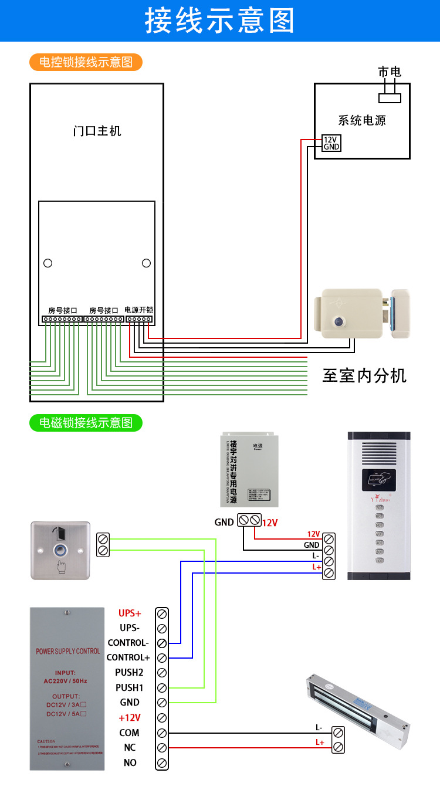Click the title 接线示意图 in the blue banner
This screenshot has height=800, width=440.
pyautogui.click(x=220, y=21)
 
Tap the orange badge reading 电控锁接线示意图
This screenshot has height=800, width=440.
pyautogui.click(x=86, y=62)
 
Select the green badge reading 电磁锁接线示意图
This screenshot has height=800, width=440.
pyautogui.click(x=86, y=422)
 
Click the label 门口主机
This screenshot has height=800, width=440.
pyautogui.click(x=97, y=131)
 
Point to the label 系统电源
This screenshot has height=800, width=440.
pyautogui.click(x=362, y=121)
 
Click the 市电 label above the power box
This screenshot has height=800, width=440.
pyautogui.click(x=390, y=72)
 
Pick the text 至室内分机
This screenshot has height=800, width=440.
pyautogui.click(x=364, y=375)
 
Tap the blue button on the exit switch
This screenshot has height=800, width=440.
pyautogui.click(x=60, y=550)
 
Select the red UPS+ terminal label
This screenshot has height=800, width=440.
pyautogui.click(x=130, y=613)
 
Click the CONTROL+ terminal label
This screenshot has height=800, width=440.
pyautogui.click(x=128, y=657)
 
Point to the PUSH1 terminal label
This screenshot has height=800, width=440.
pyautogui.click(x=129, y=687)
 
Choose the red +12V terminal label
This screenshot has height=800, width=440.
pyautogui.click(x=130, y=717)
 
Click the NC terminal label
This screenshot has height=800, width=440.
pyautogui.click(x=130, y=748)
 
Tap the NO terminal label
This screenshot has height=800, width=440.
pyautogui.click(x=130, y=762)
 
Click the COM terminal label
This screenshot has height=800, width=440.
pyautogui.click(x=130, y=733)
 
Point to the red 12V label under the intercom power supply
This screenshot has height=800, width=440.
pyautogui.click(x=270, y=522)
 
